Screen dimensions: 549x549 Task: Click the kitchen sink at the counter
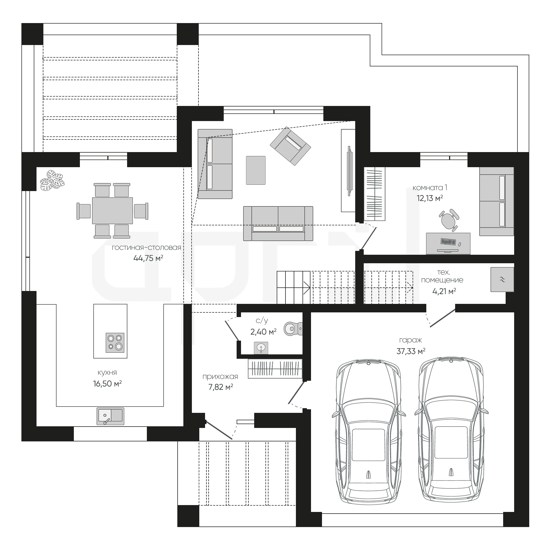tap(111, 416)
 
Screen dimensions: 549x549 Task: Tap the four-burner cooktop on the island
tap(115, 342)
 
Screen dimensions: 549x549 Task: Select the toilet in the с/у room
tap(293, 329)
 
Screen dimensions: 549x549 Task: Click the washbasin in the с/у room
tap(261, 348)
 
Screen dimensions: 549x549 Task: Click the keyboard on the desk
tap(448, 242)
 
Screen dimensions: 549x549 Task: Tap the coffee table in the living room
tap(256, 170)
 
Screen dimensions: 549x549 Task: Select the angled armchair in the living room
tap(290, 146)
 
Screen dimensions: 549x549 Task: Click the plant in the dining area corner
tap(52, 180)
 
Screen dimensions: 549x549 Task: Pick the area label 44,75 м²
tap(148, 258)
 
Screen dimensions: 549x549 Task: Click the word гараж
tap(410, 340)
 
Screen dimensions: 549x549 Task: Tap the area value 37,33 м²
tap(411, 351)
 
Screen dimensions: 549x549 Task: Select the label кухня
tap(107, 372)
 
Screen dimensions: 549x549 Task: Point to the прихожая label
tap(220, 377)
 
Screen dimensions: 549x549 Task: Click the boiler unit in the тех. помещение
tap(502, 279)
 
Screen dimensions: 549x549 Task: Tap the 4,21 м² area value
tap(444, 291)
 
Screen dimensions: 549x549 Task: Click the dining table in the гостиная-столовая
tap(113, 211)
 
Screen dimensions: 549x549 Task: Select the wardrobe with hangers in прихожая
tap(275, 369)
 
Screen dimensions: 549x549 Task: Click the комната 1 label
tap(430, 187)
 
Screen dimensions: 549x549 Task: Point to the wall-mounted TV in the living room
tap(350, 170)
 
